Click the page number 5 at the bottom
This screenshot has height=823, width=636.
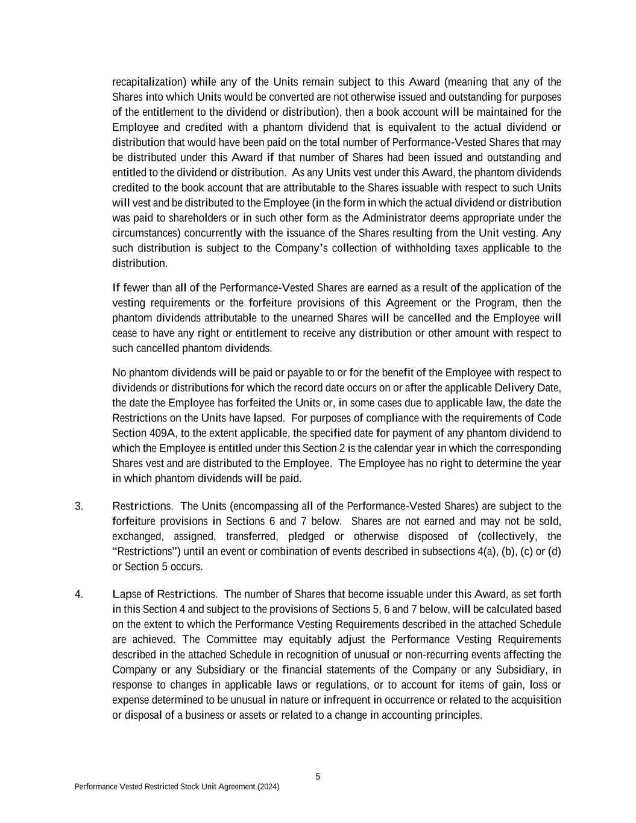point(318,777)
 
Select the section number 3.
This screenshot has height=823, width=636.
point(79,506)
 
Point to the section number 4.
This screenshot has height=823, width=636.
point(79,594)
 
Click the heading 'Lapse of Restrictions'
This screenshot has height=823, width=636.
point(165,594)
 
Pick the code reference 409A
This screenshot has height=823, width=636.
point(162,433)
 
